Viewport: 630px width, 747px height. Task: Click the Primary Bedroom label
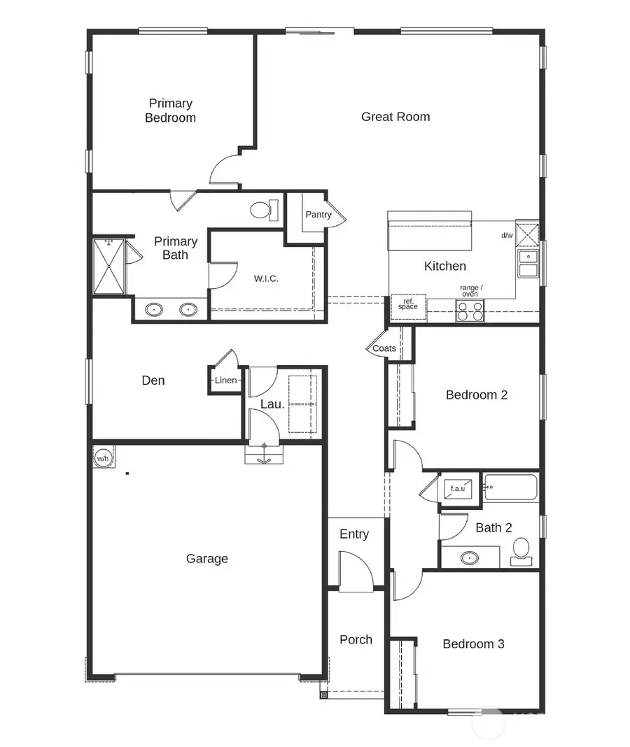coord(170,111)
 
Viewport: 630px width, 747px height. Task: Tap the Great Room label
coord(395,117)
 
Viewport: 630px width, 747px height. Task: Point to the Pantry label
coord(318,215)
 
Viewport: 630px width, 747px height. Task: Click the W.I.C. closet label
coord(266,278)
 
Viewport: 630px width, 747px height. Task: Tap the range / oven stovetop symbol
coord(470,310)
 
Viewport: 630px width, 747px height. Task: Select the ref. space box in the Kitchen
coord(407,305)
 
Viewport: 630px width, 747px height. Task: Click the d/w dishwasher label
coord(507,235)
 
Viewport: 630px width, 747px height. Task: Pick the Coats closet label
coord(384,348)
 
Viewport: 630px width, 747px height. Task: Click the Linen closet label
coord(225,380)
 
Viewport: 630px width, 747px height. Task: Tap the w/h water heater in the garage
coord(103,458)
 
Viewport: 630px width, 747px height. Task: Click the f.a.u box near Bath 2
coord(458,488)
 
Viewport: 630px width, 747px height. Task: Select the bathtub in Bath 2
coord(511,488)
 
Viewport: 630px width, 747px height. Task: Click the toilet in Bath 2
coord(521,551)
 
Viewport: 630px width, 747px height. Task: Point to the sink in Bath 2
coord(470,558)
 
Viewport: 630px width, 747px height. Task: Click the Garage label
coord(206,558)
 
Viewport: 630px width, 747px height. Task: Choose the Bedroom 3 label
coord(473,643)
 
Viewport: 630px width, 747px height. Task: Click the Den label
coord(153,380)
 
